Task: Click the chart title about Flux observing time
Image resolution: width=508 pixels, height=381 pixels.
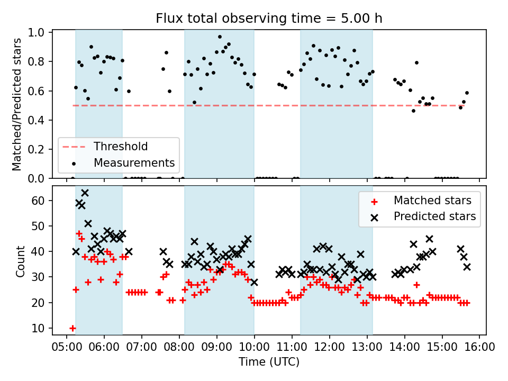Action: click(x=269, y=19)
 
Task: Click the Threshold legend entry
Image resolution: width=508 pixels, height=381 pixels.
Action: click(x=121, y=146)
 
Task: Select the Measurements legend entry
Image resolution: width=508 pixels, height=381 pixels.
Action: click(x=134, y=162)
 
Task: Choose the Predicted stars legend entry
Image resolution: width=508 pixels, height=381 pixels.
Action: click(x=434, y=216)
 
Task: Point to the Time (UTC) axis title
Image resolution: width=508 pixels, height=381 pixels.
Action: click(x=269, y=362)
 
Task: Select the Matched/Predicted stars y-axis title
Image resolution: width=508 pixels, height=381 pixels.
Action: click(x=17, y=104)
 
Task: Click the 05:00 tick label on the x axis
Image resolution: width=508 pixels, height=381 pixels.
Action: click(x=67, y=348)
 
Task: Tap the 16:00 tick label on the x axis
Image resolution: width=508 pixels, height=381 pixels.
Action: click(x=479, y=348)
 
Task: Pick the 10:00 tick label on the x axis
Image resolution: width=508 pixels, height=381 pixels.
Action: click(x=254, y=348)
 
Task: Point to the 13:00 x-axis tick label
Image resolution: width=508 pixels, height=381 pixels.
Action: click(x=367, y=348)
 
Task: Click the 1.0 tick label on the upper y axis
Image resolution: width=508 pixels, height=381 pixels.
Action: click(x=39, y=33)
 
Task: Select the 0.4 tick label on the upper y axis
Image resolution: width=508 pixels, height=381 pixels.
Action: click(x=39, y=120)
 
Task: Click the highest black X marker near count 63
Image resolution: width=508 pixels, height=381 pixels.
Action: click(x=85, y=193)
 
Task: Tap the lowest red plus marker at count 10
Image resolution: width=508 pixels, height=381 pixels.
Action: click(x=72, y=328)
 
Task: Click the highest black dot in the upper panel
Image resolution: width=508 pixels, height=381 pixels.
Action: click(x=220, y=37)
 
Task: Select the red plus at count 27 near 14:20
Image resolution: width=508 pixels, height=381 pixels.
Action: click(x=416, y=285)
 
